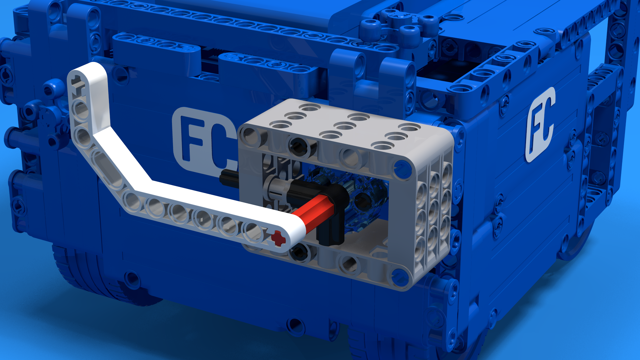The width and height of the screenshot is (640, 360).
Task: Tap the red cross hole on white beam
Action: click(x=278, y=238)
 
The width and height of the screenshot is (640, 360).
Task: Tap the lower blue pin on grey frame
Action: click(x=399, y=276)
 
